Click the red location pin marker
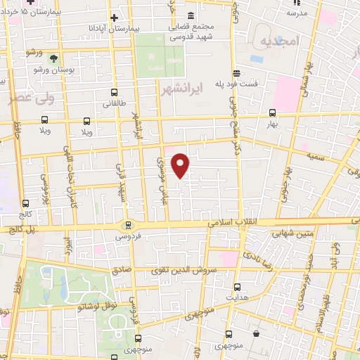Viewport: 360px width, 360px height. (181, 165)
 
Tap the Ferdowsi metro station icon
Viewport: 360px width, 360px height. (127, 225)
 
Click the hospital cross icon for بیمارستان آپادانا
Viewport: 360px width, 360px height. (115, 17)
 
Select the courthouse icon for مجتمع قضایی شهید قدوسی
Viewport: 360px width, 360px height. (191, 16)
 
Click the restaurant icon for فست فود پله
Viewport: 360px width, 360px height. (236, 73)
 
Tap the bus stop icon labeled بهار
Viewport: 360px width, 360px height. (272, 112)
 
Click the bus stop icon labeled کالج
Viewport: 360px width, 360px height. (26, 203)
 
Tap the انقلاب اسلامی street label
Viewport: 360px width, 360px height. (234, 221)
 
